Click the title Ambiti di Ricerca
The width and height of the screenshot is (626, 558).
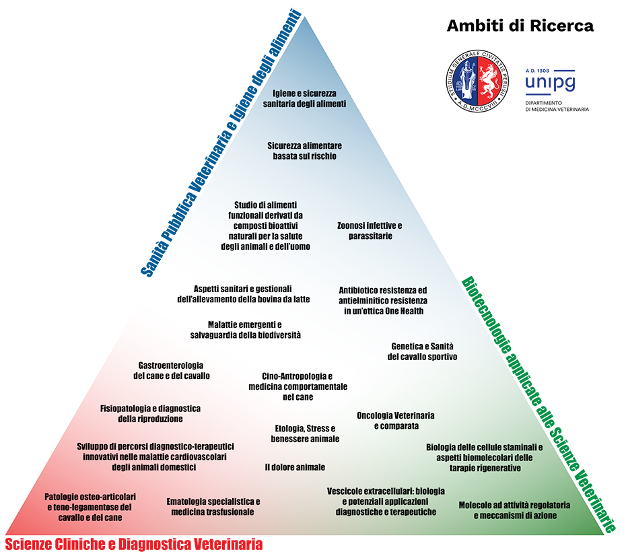(520, 26)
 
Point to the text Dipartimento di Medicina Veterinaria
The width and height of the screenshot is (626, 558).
(557, 106)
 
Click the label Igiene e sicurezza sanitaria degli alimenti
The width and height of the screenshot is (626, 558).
(309, 98)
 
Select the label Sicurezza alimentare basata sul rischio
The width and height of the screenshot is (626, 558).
(304, 151)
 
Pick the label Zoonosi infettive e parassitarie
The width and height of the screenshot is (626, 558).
(370, 230)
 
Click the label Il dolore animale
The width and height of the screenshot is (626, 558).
(295, 466)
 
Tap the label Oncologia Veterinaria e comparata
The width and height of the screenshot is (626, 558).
(395, 421)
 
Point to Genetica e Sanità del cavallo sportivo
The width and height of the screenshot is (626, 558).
(422, 351)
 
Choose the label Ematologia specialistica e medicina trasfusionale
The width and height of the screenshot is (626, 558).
(213, 506)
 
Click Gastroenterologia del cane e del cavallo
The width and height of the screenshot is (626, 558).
(171, 370)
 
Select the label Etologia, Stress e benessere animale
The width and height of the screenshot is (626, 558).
(304, 433)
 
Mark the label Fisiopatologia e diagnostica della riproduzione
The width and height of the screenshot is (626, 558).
(150, 413)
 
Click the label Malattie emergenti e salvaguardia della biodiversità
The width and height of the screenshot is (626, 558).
(244, 329)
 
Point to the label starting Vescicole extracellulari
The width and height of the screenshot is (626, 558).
(386, 501)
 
